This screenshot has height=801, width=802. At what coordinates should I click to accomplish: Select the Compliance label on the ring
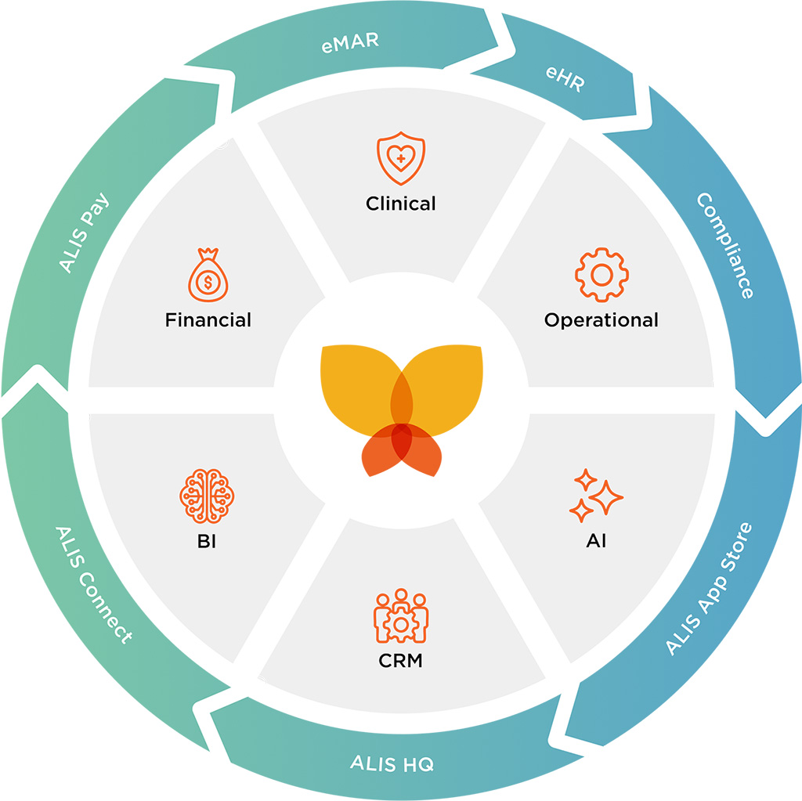coord(725,246)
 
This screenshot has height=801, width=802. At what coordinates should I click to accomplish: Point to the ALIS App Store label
coord(708,588)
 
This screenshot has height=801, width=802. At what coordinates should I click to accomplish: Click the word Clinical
coord(401,204)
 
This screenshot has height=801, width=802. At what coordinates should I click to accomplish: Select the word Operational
coord(601,320)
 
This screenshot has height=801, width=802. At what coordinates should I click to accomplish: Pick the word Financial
coord(208,320)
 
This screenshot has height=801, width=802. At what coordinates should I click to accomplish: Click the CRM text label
coord(400,661)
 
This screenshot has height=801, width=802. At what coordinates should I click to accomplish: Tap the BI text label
coord(207,541)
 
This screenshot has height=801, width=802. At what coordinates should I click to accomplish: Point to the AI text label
coord(596,541)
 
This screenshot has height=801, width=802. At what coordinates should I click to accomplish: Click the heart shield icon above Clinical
coord(401,158)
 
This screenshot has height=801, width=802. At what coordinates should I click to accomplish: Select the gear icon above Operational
coord(601,274)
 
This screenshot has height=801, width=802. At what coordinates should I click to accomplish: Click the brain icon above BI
coord(208,496)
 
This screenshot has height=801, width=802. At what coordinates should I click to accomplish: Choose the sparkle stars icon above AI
coord(596,496)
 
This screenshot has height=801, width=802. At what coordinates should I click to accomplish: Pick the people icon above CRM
coord(401,615)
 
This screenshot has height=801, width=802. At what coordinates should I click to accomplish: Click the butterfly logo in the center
coord(401,407)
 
